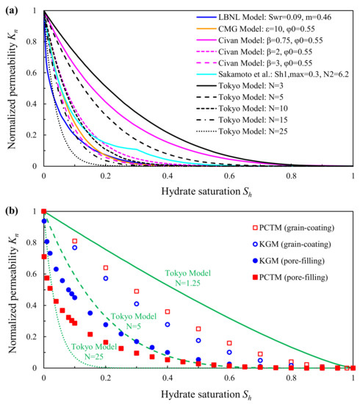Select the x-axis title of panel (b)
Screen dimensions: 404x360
tap(198, 393)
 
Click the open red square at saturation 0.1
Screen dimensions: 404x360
tap(74, 241)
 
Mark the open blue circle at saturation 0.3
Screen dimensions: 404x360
tap(136, 303)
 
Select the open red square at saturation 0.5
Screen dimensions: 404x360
tap(198, 328)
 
